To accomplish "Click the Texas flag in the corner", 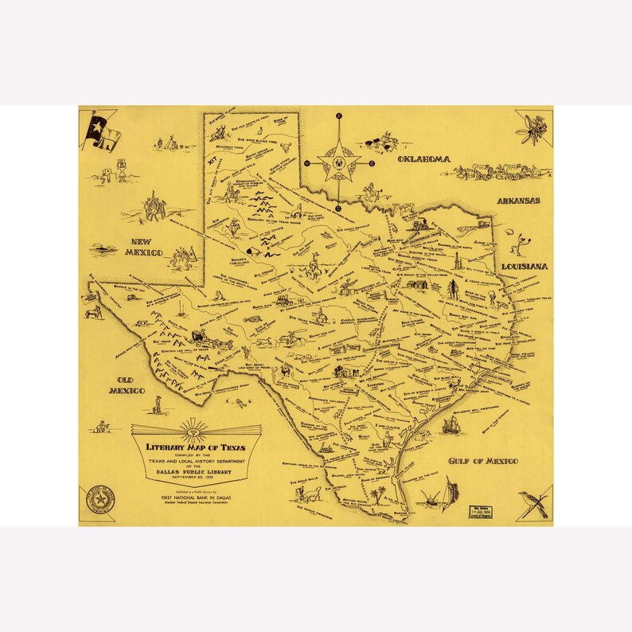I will pyautogui.click(x=103, y=129).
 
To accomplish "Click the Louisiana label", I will pyautogui.click(x=525, y=266).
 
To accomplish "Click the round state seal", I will pyautogui.click(x=102, y=498).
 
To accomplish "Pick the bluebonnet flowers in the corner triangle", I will pyautogui.click(x=531, y=127).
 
